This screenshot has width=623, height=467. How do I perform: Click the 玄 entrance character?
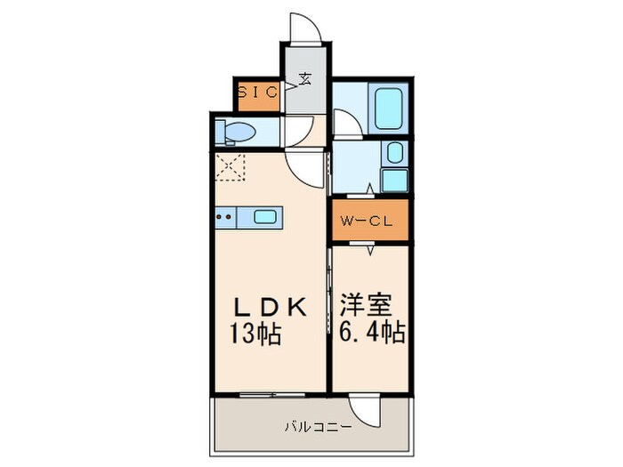pyautogui.click(x=305, y=78)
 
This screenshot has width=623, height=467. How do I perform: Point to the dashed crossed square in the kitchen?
pyautogui.click(x=230, y=166)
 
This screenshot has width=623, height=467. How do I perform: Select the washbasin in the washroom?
pyautogui.click(x=393, y=153)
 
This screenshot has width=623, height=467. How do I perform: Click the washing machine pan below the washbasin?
pyautogui.click(x=393, y=181)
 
